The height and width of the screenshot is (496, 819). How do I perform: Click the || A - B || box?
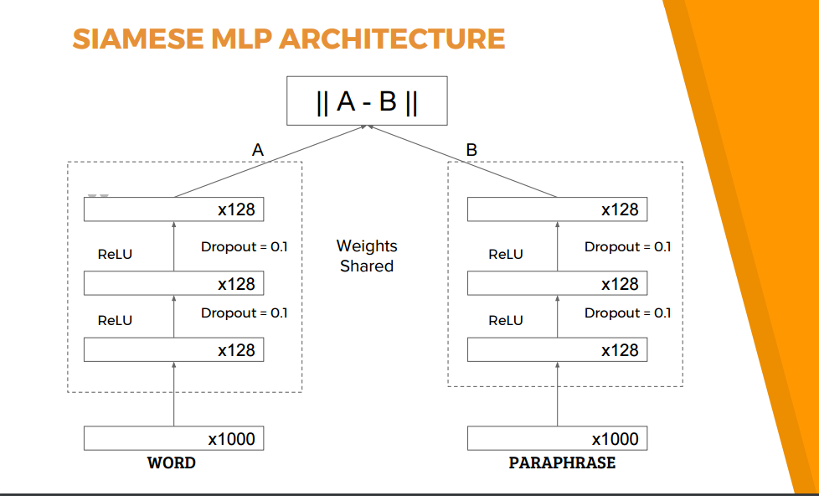click(x=367, y=101)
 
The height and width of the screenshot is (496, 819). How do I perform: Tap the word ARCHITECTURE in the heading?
click(x=392, y=39)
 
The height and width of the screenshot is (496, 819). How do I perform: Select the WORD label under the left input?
click(x=172, y=462)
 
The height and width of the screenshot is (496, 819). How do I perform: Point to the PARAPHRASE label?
click(x=562, y=462)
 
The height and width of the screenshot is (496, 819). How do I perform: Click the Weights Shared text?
click(x=367, y=256)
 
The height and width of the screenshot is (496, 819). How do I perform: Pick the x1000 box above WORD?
click(x=173, y=438)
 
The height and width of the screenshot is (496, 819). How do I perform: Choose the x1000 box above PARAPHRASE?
click(x=557, y=438)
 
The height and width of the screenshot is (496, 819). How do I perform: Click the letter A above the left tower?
click(x=257, y=151)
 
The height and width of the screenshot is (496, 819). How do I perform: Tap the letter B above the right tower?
click(x=471, y=151)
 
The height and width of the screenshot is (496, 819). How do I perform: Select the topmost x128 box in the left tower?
click(x=173, y=209)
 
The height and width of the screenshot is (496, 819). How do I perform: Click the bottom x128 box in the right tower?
click(x=557, y=349)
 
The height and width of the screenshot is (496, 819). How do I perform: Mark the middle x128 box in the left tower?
click(x=173, y=283)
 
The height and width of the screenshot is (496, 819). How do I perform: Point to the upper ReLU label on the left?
click(x=115, y=255)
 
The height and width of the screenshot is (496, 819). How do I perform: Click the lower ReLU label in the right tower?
click(x=506, y=320)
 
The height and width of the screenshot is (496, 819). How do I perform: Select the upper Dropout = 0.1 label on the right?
click(x=627, y=246)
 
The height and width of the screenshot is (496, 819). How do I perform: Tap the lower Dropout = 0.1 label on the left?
click(x=244, y=313)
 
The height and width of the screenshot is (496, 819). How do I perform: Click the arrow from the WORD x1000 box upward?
click(x=174, y=394)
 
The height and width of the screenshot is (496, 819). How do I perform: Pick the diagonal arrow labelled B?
click(x=461, y=161)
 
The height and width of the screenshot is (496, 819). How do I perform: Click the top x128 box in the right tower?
click(x=557, y=209)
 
